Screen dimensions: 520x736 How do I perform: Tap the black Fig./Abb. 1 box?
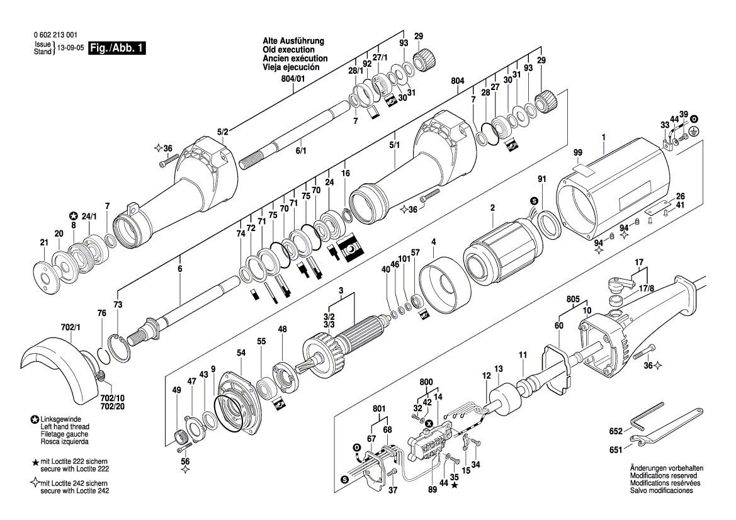[x=118, y=48]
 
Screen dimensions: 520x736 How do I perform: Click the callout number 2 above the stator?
[x=493, y=208]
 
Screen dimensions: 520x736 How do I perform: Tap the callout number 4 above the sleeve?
[x=433, y=242]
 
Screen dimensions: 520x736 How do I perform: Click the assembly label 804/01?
[x=293, y=79]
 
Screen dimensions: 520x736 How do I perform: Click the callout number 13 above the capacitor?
[x=498, y=369]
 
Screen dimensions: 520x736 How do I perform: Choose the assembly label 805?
[x=572, y=301]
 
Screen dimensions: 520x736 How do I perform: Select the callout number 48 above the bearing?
[x=282, y=329]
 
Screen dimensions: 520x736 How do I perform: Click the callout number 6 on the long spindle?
[x=179, y=269]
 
